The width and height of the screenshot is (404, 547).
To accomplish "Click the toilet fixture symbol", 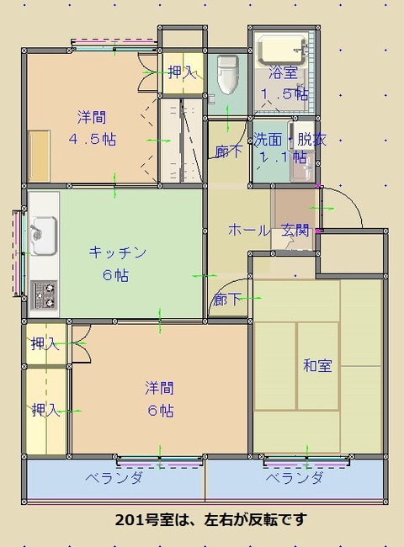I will click(226, 75).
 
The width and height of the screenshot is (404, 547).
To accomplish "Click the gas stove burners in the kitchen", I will click(44, 294).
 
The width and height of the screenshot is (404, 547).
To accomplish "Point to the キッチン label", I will click(119, 252).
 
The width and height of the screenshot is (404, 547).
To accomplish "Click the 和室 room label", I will click(317, 365).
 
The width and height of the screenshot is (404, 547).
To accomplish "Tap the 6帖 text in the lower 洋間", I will click(159, 411).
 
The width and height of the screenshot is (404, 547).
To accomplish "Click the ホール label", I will click(249, 230).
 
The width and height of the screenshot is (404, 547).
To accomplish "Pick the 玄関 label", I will click(295, 230).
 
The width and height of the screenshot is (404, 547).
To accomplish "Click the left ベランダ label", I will click(114, 478).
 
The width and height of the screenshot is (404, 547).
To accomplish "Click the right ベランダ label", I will click(295, 478).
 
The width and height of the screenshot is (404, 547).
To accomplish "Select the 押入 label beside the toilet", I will click(181, 72).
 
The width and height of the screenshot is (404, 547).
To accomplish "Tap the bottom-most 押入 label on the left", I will click(45, 410).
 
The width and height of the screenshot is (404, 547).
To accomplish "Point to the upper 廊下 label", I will click(227, 152).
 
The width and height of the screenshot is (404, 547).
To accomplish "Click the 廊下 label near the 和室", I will click(227, 299).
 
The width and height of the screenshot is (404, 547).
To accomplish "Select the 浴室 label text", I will click(283, 72).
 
